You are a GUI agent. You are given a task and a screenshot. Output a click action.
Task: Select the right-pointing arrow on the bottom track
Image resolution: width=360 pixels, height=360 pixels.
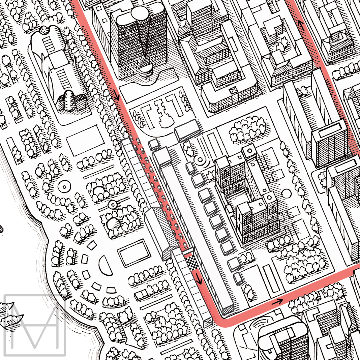(277, 301)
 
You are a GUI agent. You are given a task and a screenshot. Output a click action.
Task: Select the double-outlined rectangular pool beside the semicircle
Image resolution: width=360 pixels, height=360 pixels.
(134, 253)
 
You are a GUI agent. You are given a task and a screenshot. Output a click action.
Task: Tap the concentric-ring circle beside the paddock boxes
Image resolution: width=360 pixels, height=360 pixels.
(201, 159)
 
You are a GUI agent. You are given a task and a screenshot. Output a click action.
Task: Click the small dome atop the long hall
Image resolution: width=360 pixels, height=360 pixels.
(44, 30)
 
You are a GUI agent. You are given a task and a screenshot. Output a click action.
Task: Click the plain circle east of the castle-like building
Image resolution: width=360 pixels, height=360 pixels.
(286, 193)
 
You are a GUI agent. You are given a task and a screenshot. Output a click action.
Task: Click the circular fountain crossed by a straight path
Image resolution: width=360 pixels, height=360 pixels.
(112, 204)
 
